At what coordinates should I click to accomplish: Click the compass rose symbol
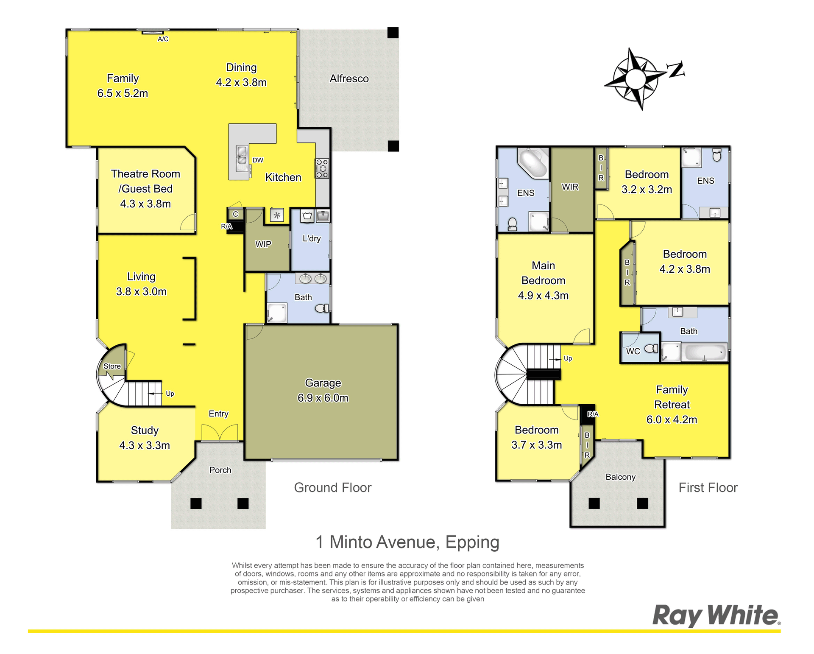pos(635,79)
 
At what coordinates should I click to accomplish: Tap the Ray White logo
pos(716,615)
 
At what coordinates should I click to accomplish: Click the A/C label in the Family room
pos(163,39)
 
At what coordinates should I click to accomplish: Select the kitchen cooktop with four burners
pos(322,168)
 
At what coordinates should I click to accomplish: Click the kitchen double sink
pos(242,155)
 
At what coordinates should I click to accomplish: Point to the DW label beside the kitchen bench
pos(258,160)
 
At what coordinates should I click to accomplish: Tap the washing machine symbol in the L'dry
pos(307,216)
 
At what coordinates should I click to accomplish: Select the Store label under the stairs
pos(112,366)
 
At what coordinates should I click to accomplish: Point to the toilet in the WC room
pos(651,349)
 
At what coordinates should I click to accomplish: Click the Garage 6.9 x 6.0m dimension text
pos(323,398)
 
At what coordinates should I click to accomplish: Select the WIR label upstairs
pos(570,187)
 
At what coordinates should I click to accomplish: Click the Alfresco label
pos(349,78)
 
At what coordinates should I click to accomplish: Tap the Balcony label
pos(621,477)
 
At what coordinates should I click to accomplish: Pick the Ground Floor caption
pos(333,487)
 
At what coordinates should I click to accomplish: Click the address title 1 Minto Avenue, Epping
pos(407,542)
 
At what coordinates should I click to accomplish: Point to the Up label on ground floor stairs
pos(170,394)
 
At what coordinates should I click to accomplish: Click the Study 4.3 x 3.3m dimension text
pos(145,445)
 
